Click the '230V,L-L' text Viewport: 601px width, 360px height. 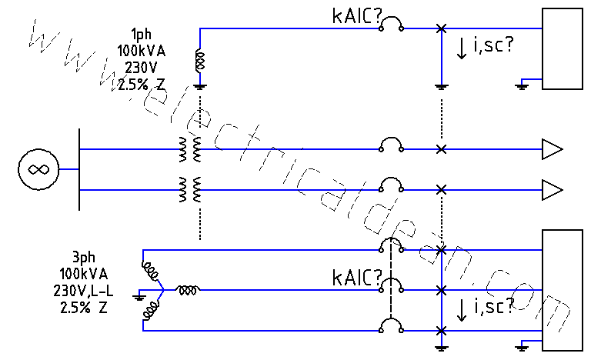point(83,291)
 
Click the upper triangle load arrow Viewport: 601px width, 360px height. point(552,149)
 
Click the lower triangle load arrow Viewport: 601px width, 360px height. point(552,188)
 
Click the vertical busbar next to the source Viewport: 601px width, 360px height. point(79,168)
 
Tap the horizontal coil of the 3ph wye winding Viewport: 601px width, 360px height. point(187,290)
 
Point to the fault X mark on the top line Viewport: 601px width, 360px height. point(440,28)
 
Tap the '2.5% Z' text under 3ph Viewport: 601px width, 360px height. point(83,307)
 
